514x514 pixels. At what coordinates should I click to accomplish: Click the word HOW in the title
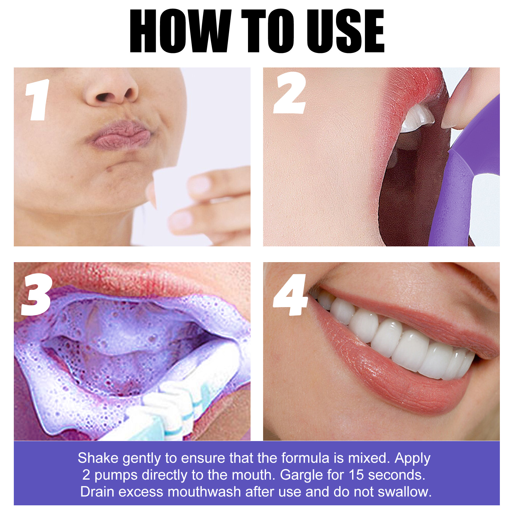(x=180, y=31)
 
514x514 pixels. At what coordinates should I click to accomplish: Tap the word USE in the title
(x=345, y=31)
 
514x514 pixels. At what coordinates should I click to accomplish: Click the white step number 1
(x=38, y=100)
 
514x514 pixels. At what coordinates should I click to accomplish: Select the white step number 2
(x=289, y=93)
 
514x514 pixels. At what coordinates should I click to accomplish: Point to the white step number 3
(x=36, y=295)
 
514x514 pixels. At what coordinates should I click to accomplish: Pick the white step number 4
(x=290, y=295)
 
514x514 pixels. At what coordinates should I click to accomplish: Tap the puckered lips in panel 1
(x=120, y=135)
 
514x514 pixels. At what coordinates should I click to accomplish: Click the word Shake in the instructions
(x=98, y=458)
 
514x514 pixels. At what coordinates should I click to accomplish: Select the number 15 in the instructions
(x=356, y=475)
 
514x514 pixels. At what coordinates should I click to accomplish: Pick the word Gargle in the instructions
(x=301, y=475)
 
